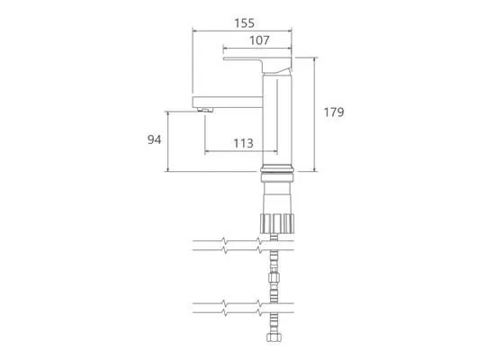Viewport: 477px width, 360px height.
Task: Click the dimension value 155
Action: pos(244,23)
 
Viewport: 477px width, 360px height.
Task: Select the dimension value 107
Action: pos(259,40)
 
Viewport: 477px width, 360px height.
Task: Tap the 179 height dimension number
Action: pos(334,112)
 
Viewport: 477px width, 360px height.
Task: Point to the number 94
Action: pos(154,139)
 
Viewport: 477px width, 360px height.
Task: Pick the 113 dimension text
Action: pos(243,143)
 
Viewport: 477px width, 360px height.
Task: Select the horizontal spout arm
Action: pos(228,102)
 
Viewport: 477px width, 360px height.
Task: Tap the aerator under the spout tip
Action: pos(204,109)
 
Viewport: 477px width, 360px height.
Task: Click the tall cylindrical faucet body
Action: pos(277,120)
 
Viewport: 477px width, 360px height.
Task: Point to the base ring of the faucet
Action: pos(277,169)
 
